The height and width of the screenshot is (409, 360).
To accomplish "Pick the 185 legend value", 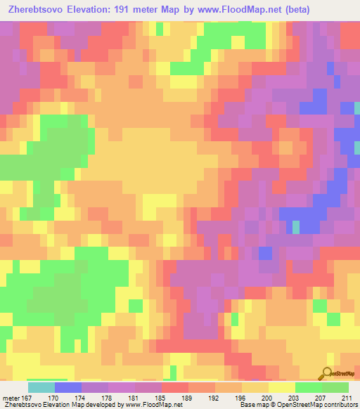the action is point(161,396).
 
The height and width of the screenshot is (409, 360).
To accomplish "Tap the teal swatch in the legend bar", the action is point(41,387).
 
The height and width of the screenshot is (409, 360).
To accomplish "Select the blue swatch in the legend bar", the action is point(67,387).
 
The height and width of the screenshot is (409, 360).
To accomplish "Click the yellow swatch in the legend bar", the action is point(281,387).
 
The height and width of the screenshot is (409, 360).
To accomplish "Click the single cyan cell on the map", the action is point(296,226).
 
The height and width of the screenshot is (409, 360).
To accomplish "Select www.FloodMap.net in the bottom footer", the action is point(152,405).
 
